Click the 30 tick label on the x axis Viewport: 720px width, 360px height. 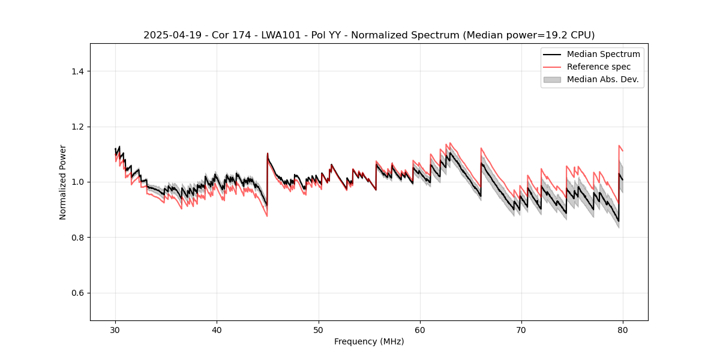116,330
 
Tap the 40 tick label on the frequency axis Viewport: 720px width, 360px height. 217,330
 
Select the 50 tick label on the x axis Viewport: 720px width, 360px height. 319,330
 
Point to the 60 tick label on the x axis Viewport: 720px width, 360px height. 420,330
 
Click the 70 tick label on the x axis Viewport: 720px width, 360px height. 521,330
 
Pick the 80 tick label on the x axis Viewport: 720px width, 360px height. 623,330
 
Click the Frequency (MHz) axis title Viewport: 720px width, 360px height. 369,341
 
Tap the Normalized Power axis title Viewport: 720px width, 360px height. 63,182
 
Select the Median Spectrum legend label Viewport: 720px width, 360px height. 603,54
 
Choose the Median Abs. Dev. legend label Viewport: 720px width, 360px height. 602,79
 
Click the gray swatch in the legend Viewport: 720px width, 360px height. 552,79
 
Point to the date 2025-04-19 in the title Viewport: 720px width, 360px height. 168,35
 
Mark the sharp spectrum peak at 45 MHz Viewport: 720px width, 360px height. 268,154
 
